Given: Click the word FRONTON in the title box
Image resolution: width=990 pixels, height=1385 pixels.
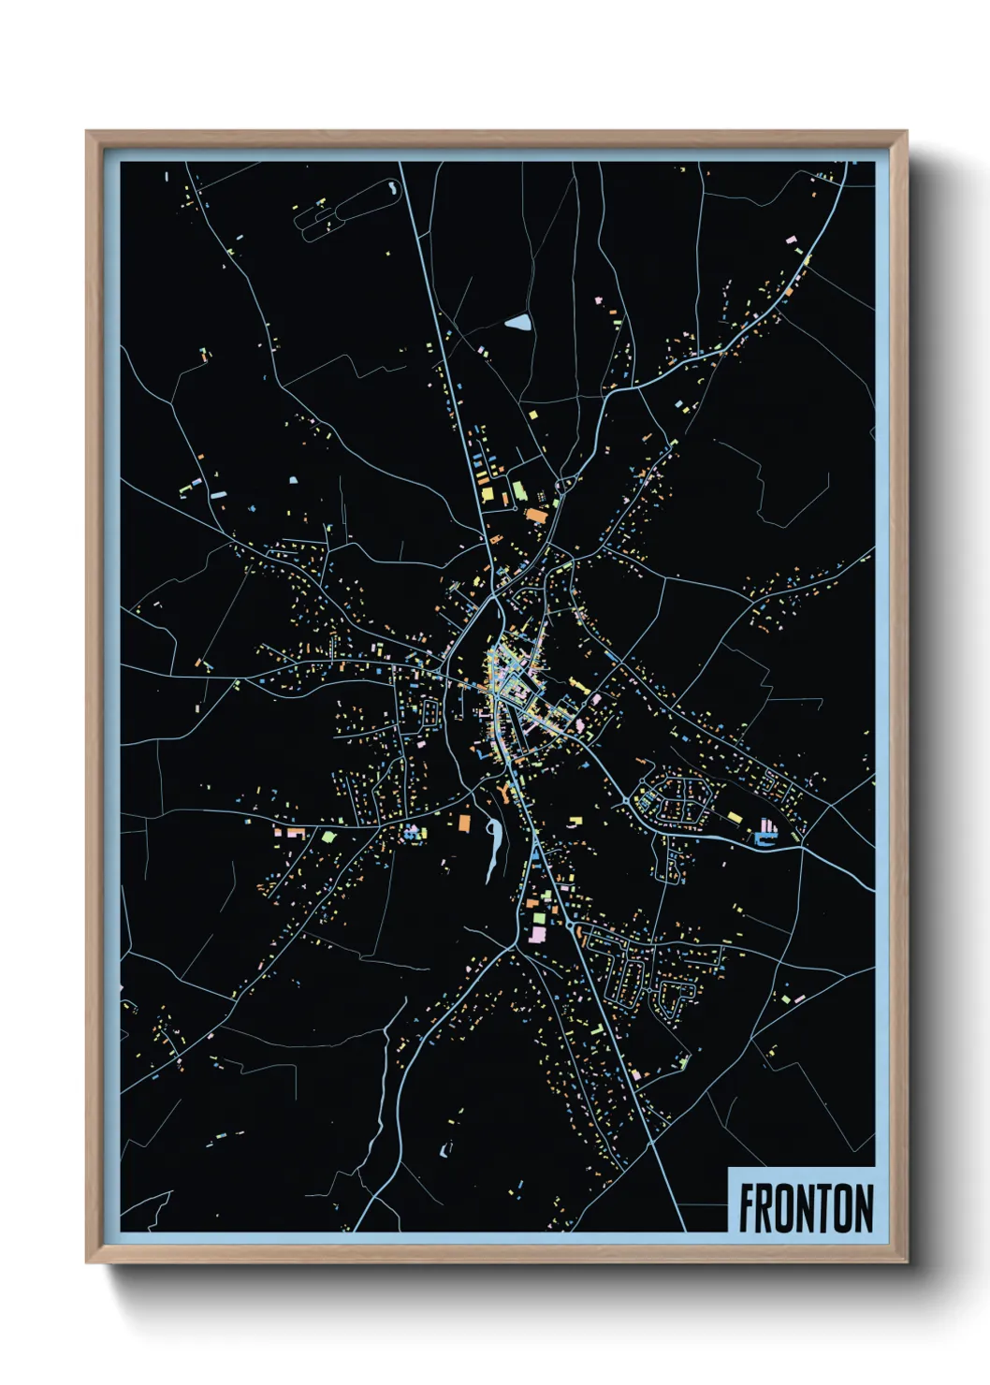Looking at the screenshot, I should [806, 1208].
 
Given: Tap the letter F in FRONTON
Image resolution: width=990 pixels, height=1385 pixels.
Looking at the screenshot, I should [747, 1208].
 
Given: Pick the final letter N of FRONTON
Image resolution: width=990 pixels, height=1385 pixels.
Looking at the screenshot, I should [865, 1208].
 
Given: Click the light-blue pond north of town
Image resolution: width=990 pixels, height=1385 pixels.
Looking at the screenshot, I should [517, 324].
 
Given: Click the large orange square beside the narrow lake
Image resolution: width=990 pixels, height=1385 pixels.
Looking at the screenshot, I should [464, 822].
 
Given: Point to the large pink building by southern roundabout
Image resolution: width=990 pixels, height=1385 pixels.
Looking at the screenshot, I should [538, 932].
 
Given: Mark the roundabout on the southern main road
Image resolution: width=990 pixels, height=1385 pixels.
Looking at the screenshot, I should [569, 925].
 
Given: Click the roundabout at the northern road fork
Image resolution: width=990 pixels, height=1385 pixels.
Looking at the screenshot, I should [562, 485].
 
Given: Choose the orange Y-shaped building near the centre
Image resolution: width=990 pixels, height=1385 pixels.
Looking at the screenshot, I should [507, 795].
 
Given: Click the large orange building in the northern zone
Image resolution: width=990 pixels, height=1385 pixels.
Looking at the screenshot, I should [535, 514].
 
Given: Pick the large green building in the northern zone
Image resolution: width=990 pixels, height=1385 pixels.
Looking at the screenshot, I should [517, 489].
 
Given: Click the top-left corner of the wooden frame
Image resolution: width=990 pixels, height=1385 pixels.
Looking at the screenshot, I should [88, 133].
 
